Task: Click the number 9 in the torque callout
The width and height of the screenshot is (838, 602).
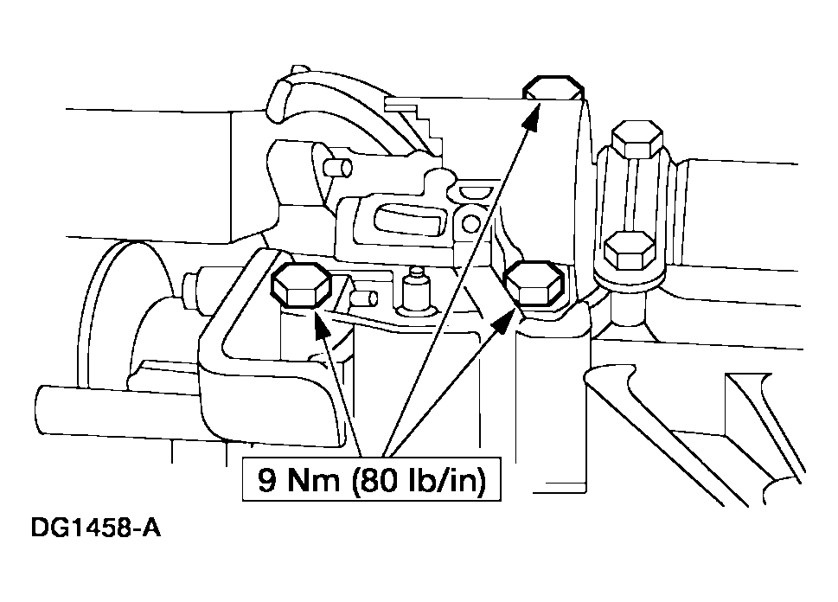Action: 267,480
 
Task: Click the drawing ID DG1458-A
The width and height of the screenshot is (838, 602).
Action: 96,528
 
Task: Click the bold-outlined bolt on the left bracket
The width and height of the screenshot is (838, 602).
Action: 301,286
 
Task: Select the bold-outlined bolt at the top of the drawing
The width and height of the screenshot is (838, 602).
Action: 553,88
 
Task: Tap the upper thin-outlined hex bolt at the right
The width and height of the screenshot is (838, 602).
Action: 637,140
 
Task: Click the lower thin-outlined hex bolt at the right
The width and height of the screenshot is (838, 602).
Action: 629,250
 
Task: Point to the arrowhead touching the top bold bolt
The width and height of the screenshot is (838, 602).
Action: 532,117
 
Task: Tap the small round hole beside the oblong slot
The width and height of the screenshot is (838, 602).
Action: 470,222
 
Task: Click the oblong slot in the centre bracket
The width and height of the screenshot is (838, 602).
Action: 409,220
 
